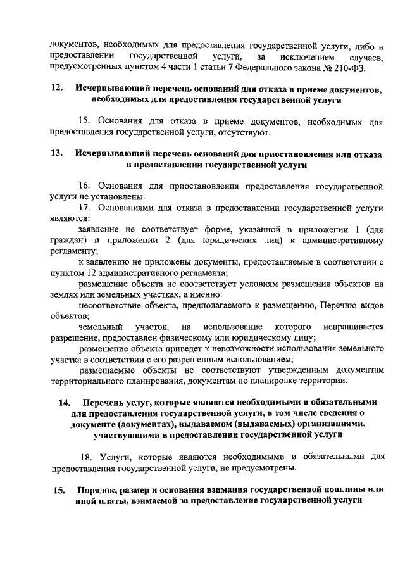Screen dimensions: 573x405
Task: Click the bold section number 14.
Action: [x=65, y=402]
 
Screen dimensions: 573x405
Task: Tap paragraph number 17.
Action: [x=86, y=208]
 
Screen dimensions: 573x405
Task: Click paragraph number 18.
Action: [x=87, y=458]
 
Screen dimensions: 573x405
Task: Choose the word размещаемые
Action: [x=108, y=370]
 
